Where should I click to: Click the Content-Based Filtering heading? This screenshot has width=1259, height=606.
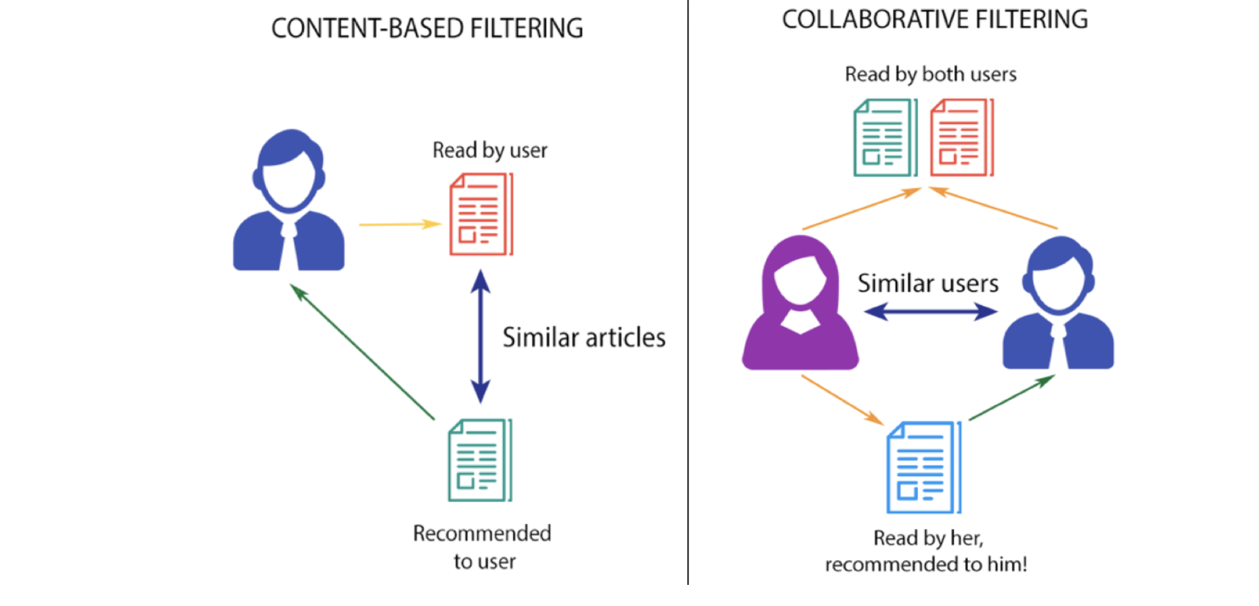[x=427, y=29]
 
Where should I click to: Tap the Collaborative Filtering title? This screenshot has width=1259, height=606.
[x=934, y=19]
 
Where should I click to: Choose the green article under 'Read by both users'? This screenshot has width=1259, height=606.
[x=885, y=138]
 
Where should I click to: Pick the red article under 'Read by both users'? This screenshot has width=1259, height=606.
[x=961, y=138]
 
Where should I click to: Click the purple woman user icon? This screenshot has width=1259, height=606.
[x=800, y=304]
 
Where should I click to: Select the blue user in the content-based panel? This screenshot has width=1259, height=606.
[x=289, y=202]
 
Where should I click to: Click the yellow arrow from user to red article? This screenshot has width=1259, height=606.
[x=399, y=224]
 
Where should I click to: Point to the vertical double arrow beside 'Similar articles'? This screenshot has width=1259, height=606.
[x=481, y=336]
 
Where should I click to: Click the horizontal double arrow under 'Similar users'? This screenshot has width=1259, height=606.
[x=930, y=311]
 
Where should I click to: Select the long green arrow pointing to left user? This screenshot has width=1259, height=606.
[x=362, y=351]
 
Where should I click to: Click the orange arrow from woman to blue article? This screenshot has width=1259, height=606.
[x=842, y=400]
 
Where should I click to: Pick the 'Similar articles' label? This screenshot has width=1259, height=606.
[x=584, y=338]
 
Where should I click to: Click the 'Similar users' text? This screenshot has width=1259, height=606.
[x=927, y=283]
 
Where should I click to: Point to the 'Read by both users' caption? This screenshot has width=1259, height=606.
[x=930, y=75]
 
